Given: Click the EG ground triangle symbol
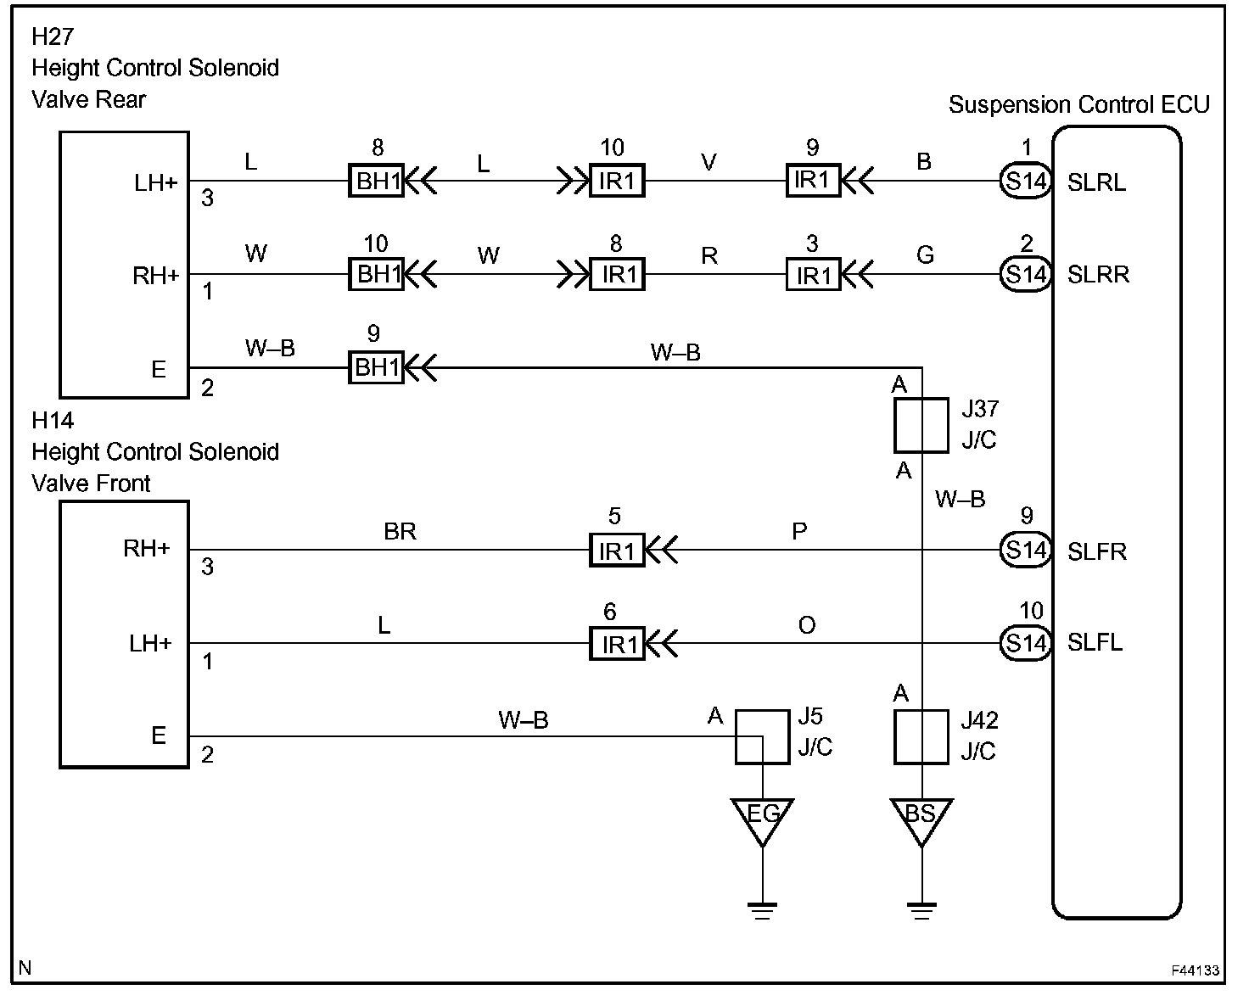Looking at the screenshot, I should point(762,819).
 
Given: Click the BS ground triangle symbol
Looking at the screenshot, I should point(921,819).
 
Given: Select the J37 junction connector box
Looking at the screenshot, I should point(921,425).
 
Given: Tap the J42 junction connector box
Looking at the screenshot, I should point(921,737).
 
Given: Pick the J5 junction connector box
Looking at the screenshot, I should point(762,737).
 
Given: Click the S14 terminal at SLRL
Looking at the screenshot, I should point(1026,181).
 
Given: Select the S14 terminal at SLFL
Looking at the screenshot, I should point(1026,643).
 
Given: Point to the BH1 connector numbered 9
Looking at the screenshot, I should point(377,367).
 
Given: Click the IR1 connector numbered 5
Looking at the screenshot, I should point(617,551).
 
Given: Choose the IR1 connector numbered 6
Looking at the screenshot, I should point(617,644).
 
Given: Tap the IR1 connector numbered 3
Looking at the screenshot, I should point(813,275).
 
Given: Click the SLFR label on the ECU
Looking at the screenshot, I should point(1097,551).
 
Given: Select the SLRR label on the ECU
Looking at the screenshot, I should point(1098,275).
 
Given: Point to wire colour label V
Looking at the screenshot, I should point(709,162).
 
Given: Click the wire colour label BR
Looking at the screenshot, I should point(400,531).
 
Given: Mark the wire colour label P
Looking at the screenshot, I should point(799,531).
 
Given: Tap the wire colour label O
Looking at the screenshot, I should point(806,625).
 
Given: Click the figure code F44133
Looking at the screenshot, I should point(1196,970).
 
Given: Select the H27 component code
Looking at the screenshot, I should point(53,36).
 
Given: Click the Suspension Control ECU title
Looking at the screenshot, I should point(1078,105).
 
